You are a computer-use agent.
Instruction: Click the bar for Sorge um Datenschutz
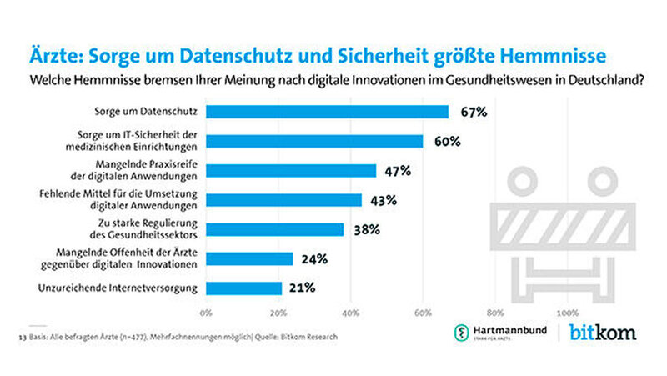(x=327, y=112)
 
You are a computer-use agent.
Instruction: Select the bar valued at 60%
(x=314, y=141)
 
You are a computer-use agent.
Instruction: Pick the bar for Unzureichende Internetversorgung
(x=243, y=288)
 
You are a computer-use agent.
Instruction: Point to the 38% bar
(x=274, y=229)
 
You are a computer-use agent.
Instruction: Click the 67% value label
(x=469, y=112)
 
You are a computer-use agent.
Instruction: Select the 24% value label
(x=313, y=259)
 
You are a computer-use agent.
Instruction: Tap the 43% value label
(x=382, y=200)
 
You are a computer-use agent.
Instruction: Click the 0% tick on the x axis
(x=206, y=313)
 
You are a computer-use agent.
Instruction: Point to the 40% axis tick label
(x=350, y=313)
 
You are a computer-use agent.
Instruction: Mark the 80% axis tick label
(x=495, y=313)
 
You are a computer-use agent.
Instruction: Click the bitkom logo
(x=602, y=333)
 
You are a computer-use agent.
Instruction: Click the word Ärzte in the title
(x=58, y=55)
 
